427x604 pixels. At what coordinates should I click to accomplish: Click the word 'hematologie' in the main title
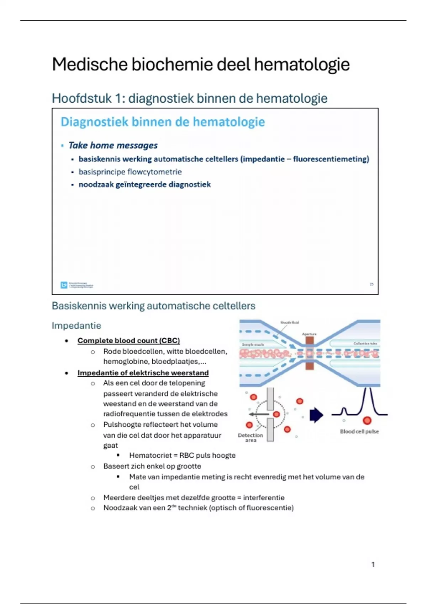pyautogui.click(x=302, y=65)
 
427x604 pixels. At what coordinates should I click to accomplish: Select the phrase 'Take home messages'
pyautogui.click(x=113, y=145)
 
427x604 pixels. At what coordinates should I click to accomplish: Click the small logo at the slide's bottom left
pyautogui.click(x=64, y=285)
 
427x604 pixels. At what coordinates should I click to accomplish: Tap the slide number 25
pyautogui.click(x=371, y=284)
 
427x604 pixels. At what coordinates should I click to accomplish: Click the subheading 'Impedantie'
pyautogui.click(x=76, y=325)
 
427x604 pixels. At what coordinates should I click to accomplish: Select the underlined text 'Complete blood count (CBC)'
pyautogui.click(x=128, y=340)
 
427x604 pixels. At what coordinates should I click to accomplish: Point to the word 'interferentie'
pyautogui.click(x=264, y=497)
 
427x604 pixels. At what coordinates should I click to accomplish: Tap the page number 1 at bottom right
pyautogui.click(x=373, y=564)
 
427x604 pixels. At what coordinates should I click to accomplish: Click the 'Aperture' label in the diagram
pyautogui.click(x=309, y=334)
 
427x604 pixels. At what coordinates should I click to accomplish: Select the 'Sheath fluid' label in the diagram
pyautogui.click(x=290, y=323)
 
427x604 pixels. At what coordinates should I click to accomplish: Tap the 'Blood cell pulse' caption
pyautogui.click(x=359, y=431)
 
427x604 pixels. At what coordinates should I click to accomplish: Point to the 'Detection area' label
pyautogui.click(x=251, y=437)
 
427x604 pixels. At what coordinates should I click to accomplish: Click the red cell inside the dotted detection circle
pyautogui.click(x=276, y=414)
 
